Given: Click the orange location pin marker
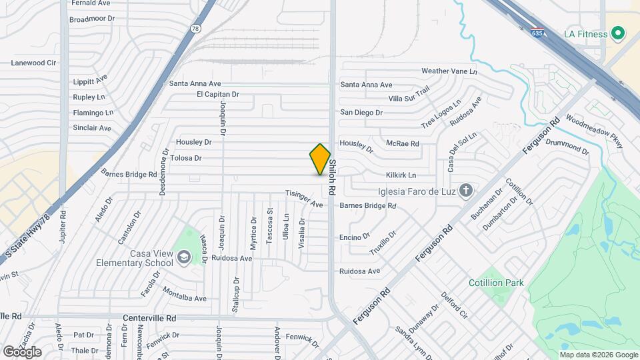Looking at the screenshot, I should pyautogui.click(x=320, y=159).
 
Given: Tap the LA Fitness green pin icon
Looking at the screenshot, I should pyautogui.click(x=617, y=33).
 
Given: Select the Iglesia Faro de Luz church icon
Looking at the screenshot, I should pyautogui.click(x=466, y=191).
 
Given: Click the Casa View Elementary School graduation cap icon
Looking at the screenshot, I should pyautogui.click(x=183, y=257).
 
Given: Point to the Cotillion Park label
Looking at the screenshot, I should pyautogui.click(x=495, y=283).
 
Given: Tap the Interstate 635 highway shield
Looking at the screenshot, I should pyautogui.click(x=537, y=32).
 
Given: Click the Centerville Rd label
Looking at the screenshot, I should pyautogui.click(x=149, y=319).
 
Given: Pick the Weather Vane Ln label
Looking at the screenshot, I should pyautogui.click(x=449, y=71).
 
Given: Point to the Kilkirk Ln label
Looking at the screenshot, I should pyautogui.click(x=401, y=175).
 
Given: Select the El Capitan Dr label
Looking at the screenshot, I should pyautogui.click(x=217, y=95).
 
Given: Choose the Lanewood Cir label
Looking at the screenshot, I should pyautogui.click(x=33, y=63).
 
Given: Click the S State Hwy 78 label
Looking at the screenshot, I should pyautogui.click(x=27, y=238).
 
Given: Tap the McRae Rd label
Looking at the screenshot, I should pyautogui.click(x=402, y=143).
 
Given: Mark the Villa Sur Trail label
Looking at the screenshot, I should pyautogui.click(x=409, y=97).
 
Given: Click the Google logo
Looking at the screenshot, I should pyautogui.click(x=22, y=351).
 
